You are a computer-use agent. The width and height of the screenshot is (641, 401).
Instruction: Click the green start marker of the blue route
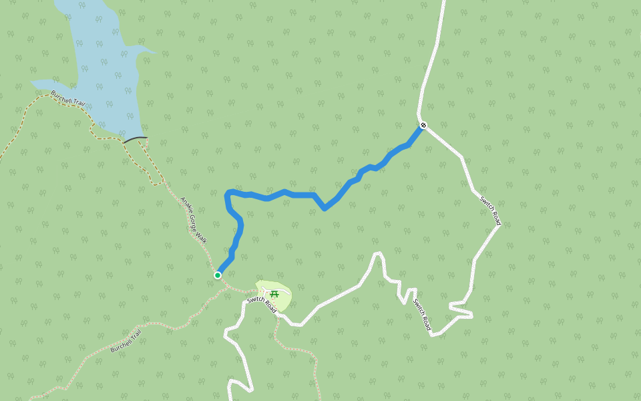pyautogui.click(x=218, y=275)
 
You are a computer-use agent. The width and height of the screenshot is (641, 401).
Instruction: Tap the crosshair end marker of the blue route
pyautogui.click(x=423, y=125)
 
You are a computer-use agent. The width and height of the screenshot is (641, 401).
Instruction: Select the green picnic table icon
pyautogui.click(x=274, y=293)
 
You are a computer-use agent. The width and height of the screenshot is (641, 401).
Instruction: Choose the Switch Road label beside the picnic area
pyautogui.click(x=261, y=305)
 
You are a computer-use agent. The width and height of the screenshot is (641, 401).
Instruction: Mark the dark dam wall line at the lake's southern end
pyautogui.click(x=135, y=139)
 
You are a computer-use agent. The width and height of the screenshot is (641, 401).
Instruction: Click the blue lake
pyautogui.click(x=107, y=67)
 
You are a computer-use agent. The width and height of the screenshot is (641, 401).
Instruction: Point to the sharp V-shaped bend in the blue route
pyautogui.click(x=325, y=209)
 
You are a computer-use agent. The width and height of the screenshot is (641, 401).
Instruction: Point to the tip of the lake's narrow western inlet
pyautogui.click(x=32, y=83)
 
